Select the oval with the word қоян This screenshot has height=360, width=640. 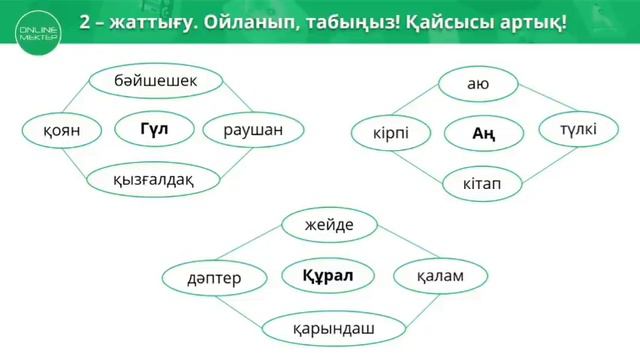click(x=51, y=129)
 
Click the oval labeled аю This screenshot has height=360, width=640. click(x=478, y=84)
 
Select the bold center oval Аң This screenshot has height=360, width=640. click(x=483, y=133)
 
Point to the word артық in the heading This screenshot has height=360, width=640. click(x=526, y=21)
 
